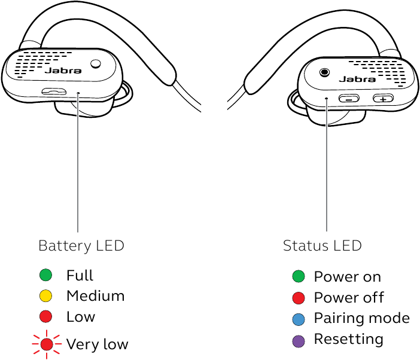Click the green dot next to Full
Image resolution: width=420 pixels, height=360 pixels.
click(45, 276)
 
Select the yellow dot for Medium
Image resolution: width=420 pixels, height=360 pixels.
click(45, 296)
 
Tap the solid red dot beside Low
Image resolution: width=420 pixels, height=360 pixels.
click(45, 317)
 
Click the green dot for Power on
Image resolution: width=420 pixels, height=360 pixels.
click(299, 277)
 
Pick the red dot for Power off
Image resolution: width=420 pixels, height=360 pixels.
click(299, 298)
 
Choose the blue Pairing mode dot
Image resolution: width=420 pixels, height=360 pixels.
click(299, 319)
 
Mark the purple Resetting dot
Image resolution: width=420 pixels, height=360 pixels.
click(299, 340)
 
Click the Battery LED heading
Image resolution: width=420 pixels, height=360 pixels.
click(81, 246)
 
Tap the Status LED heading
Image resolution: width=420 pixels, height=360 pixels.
click(322, 246)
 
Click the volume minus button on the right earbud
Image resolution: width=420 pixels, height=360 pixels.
click(349, 99)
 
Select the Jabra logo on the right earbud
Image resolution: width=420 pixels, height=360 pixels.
click(357, 78)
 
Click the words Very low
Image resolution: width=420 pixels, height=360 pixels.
click(97, 344)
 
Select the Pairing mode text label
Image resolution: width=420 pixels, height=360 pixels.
click(361, 318)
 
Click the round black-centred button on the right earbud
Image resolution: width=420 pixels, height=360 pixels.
click(324, 72)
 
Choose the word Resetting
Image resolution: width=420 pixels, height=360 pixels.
click(348, 339)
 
